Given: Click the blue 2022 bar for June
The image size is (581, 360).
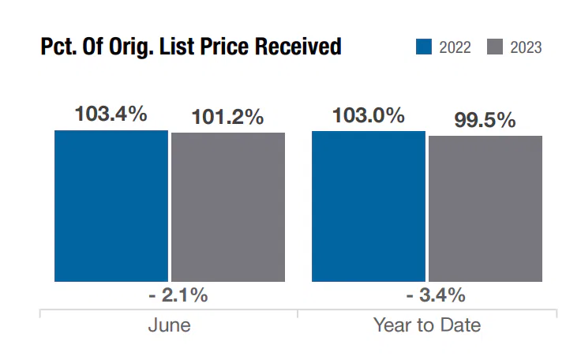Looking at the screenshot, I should (x=111, y=205).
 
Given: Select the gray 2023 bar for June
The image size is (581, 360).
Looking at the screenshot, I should (x=228, y=207).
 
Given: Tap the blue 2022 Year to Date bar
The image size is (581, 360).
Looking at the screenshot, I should (x=369, y=205).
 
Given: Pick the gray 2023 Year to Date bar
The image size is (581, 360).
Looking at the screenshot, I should (x=485, y=208).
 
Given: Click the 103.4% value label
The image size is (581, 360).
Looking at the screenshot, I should (x=111, y=114).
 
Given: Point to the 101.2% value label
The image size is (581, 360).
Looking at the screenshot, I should (x=228, y=118).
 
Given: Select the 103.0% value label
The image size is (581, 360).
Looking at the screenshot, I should (x=369, y=115).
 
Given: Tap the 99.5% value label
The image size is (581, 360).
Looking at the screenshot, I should (x=485, y=120).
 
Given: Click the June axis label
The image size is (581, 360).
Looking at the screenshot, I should (x=169, y=325).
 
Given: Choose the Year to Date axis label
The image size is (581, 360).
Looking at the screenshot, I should (x=427, y=325).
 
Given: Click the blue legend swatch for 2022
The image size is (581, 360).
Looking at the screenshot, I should (x=424, y=48).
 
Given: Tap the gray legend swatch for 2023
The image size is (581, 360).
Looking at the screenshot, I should (x=495, y=48).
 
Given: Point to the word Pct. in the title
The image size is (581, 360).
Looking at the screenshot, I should (x=58, y=47).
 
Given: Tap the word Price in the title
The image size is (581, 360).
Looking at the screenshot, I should (x=243, y=47).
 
